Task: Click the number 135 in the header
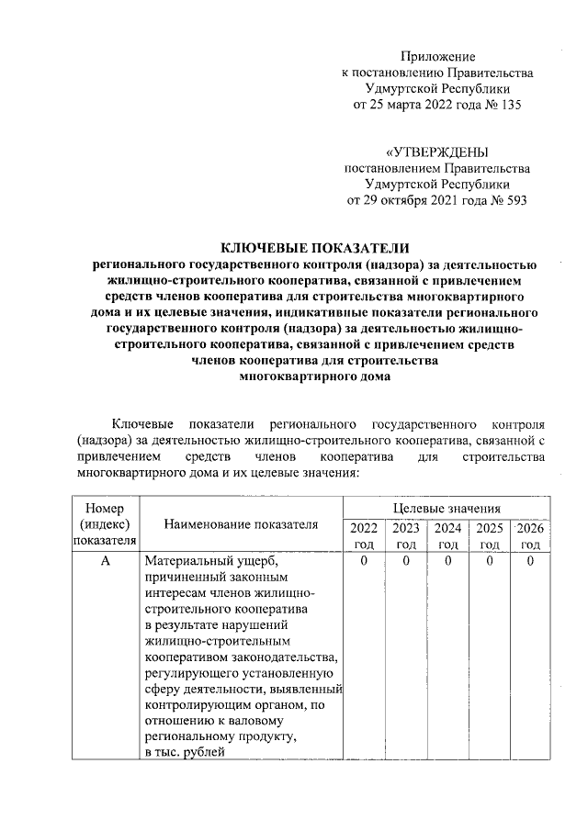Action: tap(507, 106)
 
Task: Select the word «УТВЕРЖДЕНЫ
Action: tap(436, 152)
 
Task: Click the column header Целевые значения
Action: tap(447, 507)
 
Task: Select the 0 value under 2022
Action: tap(364, 561)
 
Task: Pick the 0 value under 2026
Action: tap(530, 561)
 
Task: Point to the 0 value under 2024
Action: tap(447, 561)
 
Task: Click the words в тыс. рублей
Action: tap(184, 753)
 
